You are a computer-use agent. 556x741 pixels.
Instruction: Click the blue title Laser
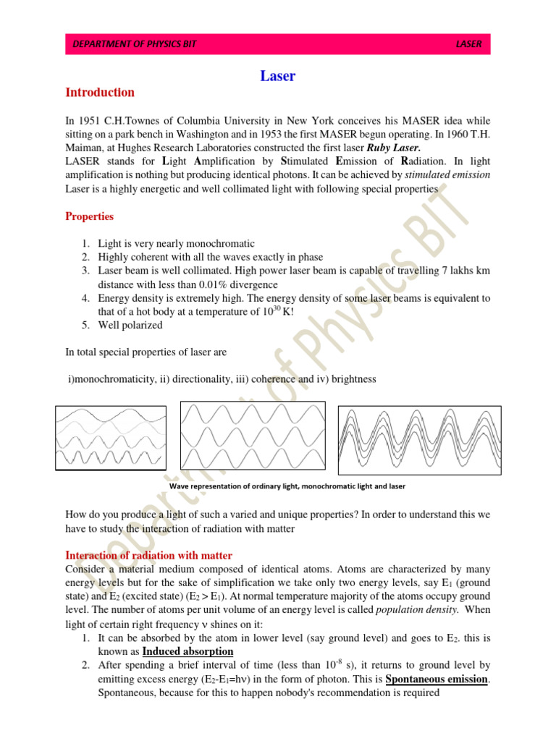(x=277, y=76)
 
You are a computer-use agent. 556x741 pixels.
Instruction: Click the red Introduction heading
(x=100, y=92)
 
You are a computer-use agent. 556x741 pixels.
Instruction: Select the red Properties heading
(x=89, y=216)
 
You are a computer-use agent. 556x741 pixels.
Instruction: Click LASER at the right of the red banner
(x=468, y=44)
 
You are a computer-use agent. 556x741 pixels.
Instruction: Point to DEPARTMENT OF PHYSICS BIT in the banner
(x=135, y=44)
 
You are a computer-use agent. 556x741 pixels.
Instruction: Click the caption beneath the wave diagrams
(x=287, y=486)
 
